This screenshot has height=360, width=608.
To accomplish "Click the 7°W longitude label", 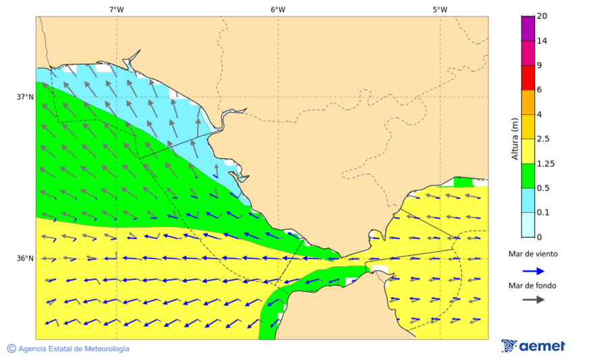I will [x=116, y=9].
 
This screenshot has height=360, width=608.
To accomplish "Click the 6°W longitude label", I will [x=278, y=9].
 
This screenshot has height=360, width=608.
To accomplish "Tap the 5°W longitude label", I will [x=440, y=9].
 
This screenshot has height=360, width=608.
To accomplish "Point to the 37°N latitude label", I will [x=25, y=97].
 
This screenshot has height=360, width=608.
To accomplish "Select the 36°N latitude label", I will [x=25, y=259].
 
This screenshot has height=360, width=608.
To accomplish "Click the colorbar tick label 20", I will [x=542, y=16].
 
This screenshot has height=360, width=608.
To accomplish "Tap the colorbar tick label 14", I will [x=542, y=41].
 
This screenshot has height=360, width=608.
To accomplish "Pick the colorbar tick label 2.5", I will [x=542, y=139].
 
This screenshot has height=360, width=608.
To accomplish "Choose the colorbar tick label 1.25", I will [x=544, y=163].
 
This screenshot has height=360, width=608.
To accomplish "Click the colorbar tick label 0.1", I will [x=542, y=213].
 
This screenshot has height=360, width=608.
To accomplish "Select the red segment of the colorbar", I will [x=528, y=78].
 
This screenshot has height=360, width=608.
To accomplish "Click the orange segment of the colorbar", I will [x=528, y=102].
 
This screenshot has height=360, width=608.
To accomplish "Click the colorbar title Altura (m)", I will [x=515, y=138].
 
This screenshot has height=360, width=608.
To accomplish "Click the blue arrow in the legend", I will [x=534, y=271].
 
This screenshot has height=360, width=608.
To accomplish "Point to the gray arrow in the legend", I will [x=534, y=299].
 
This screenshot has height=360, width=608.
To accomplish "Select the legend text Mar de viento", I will [x=533, y=254].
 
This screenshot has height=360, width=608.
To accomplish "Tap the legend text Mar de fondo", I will [x=533, y=285].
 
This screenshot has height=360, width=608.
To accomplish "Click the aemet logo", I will [x=533, y=346].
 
